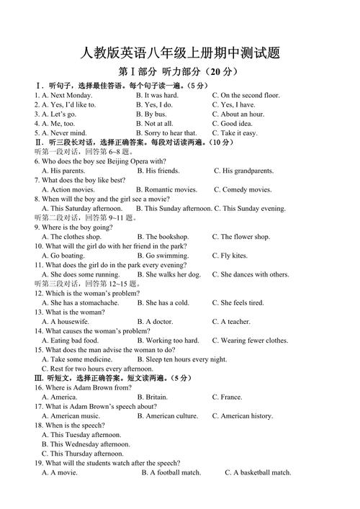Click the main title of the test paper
180,53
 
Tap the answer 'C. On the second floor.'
246,95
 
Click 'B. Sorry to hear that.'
166,132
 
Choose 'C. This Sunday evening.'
250,208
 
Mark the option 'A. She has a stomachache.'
80,302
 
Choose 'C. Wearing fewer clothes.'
250,341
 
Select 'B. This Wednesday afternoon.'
86,444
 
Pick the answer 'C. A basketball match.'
258,472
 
